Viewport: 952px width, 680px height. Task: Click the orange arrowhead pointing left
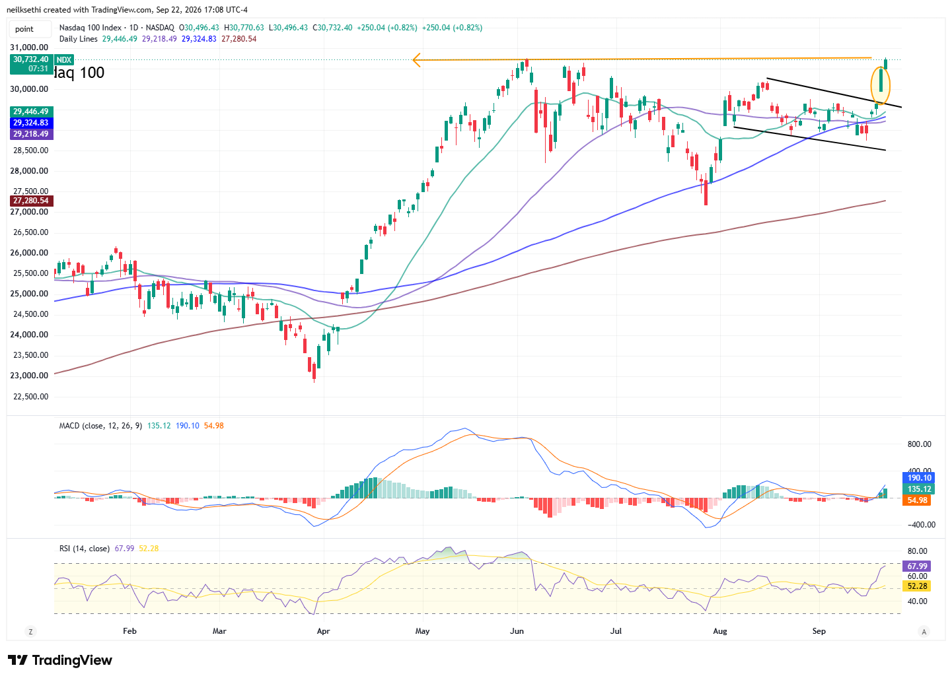(x=416, y=60)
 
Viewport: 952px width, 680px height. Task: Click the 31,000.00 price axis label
(x=29, y=47)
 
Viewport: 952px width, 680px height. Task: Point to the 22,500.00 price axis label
(x=30, y=397)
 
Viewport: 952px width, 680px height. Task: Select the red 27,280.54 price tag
(x=31, y=201)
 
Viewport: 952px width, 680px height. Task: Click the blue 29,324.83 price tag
(x=31, y=123)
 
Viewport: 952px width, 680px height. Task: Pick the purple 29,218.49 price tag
(x=31, y=134)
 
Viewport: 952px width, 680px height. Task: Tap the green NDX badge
(x=64, y=60)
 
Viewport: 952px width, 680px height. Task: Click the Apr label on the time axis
(x=324, y=631)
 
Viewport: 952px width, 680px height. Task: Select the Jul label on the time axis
(x=616, y=631)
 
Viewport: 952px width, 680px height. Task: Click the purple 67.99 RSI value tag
(x=917, y=566)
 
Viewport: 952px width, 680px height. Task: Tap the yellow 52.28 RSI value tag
(x=917, y=586)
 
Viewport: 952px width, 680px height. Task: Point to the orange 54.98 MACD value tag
(x=917, y=500)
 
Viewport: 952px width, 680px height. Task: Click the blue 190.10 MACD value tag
(x=917, y=478)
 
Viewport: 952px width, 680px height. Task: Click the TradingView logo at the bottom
(x=60, y=660)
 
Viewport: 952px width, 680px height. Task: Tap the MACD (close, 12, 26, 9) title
(x=100, y=426)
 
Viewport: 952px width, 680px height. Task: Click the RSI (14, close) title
(x=85, y=549)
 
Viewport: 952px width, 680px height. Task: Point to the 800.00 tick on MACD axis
(x=919, y=444)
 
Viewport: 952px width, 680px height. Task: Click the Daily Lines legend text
(x=78, y=39)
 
